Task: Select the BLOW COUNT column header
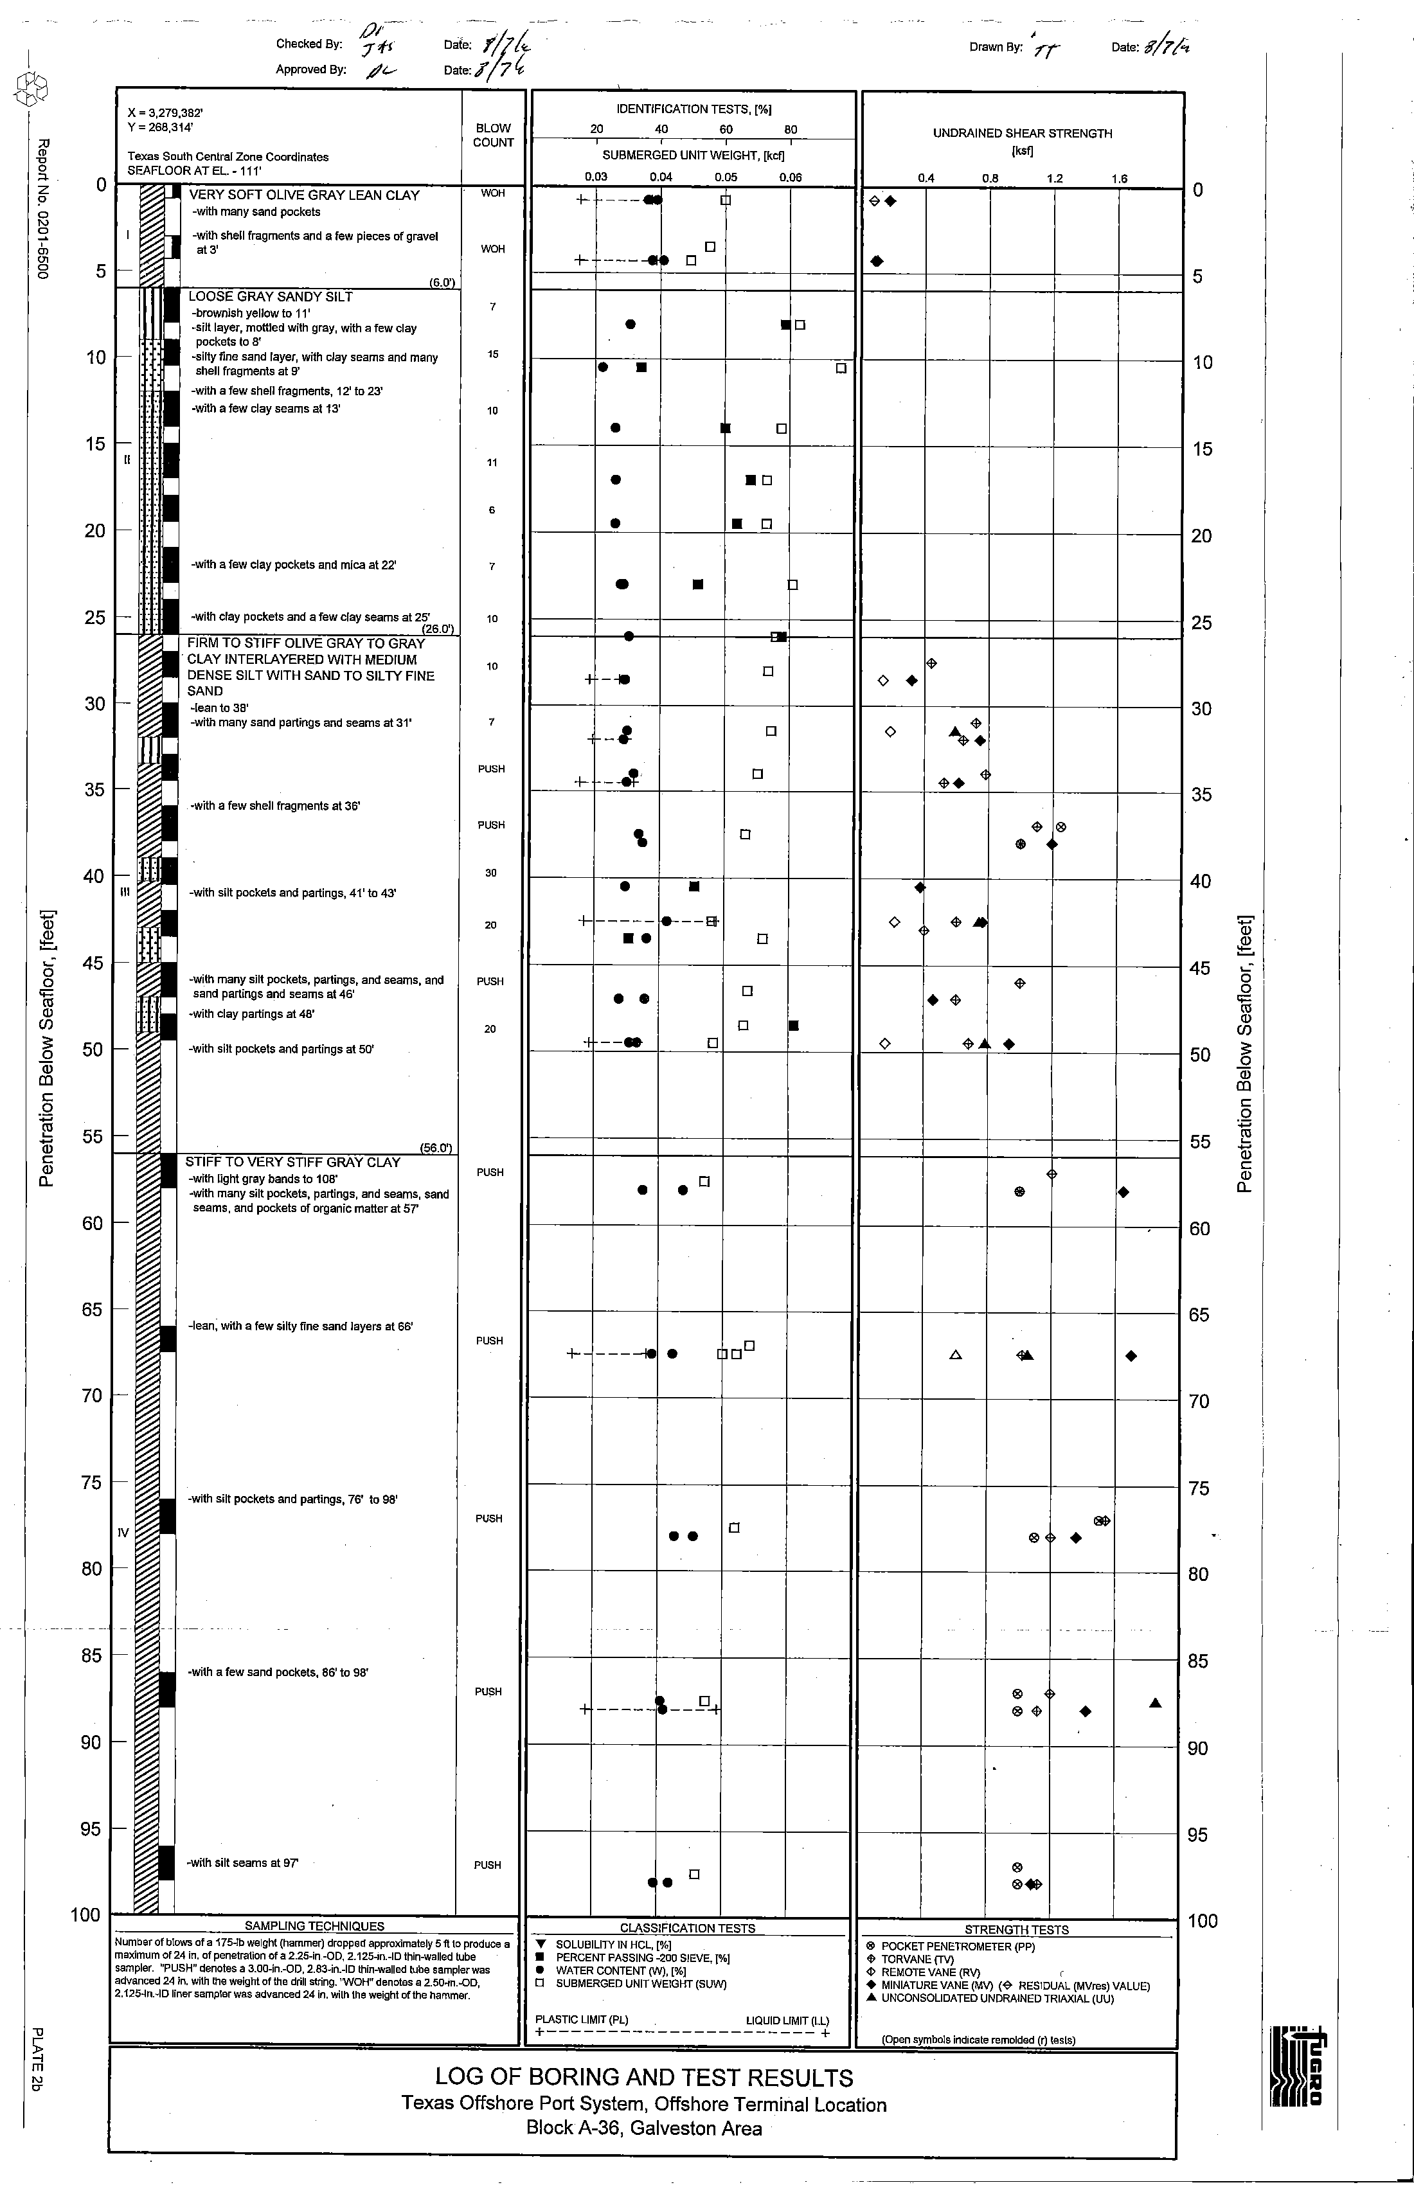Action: (493, 135)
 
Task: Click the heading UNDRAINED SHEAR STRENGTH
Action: (1022, 133)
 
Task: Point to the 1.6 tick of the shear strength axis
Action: (1118, 179)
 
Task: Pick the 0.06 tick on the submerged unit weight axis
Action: (790, 177)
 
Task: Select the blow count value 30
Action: (490, 873)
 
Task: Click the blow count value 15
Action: (493, 354)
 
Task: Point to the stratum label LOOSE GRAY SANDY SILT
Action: (270, 296)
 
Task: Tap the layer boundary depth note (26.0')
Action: (438, 629)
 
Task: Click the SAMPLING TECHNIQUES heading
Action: (314, 1926)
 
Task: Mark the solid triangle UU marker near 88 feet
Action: (1155, 1703)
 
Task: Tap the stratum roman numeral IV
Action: (124, 1532)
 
